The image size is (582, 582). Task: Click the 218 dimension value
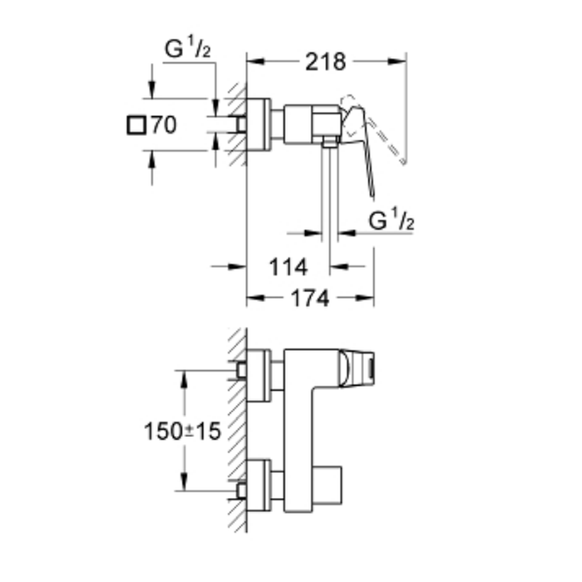pyautogui.click(x=325, y=62)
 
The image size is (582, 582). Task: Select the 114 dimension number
pyautogui.click(x=289, y=267)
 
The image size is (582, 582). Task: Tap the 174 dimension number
pyautogui.click(x=310, y=298)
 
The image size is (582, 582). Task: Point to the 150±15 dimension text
pyautogui.click(x=182, y=431)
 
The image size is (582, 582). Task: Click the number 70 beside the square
pyautogui.click(x=164, y=125)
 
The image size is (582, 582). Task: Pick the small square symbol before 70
pyautogui.click(x=136, y=125)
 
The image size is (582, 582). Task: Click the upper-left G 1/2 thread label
pyautogui.click(x=187, y=47)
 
